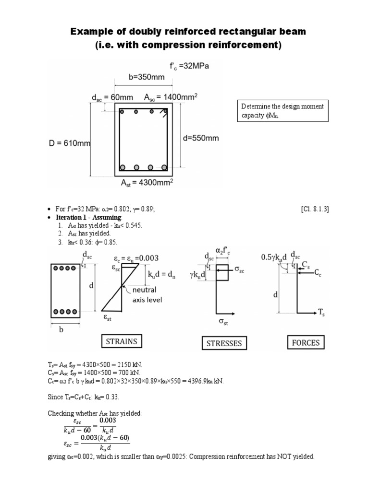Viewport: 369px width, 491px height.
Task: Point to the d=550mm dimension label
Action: point(201,139)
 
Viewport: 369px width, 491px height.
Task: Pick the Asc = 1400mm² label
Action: point(171,97)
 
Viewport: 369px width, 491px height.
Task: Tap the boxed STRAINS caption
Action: point(122,341)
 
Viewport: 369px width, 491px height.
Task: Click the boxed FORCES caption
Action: point(306,342)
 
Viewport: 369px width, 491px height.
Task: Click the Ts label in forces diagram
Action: point(321,312)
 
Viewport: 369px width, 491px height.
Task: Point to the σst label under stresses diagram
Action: point(223,323)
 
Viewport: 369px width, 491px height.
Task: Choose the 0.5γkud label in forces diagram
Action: point(274,257)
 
